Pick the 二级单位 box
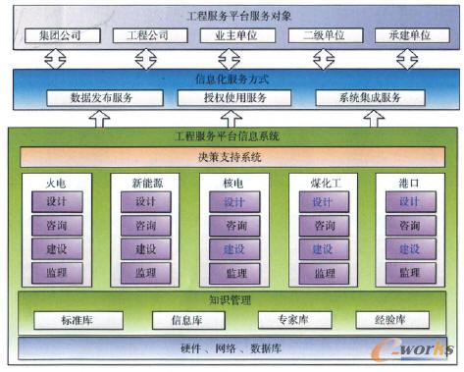coord(319,36)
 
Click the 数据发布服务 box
coord(102,98)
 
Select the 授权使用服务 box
coord(231,98)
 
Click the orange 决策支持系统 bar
coord(232,157)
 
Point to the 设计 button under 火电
coord(56,202)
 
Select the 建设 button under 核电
coord(235,249)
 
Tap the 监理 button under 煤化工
coord(323,273)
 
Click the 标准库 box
coord(77,320)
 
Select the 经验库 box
coord(388,320)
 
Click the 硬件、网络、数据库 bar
coord(232,348)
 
